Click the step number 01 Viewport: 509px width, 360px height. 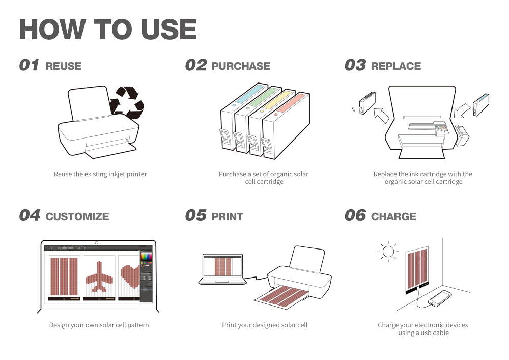tap(29, 65)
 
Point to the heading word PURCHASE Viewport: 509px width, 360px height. tap(241, 66)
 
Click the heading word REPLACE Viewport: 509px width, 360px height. tap(396, 66)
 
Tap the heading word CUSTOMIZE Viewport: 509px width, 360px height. tap(77, 216)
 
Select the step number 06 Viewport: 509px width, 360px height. tap(355, 216)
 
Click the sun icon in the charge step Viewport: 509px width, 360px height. tap(388, 251)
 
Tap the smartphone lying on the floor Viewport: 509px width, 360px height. tap(440, 298)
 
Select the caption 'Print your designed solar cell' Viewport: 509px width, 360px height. tap(265, 325)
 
